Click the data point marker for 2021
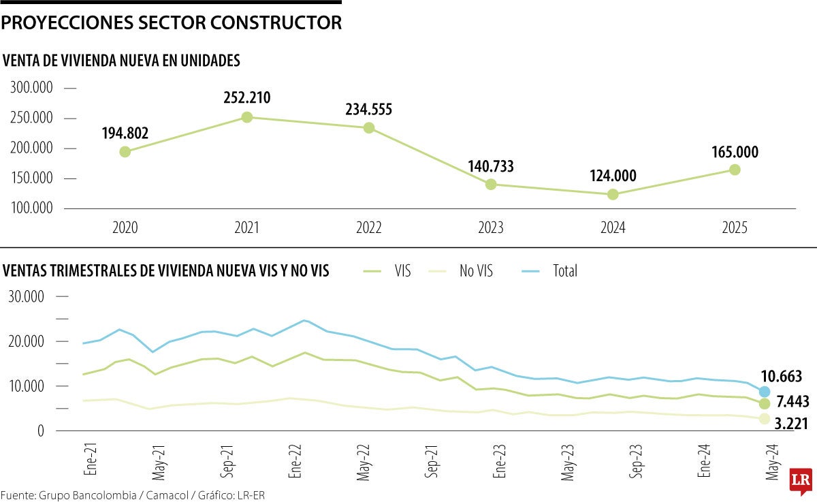pyautogui.click(x=247, y=117)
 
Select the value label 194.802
pyautogui.click(x=125, y=133)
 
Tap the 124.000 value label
pyautogui.click(x=613, y=176)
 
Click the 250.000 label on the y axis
pyautogui.click(x=32, y=119)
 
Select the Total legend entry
pyautogui.click(x=565, y=271)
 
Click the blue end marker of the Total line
pyautogui.click(x=765, y=392)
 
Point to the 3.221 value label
pyautogui.click(x=790, y=424)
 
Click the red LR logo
pyautogui.click(x=799, y=482)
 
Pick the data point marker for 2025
pyautogui.click(x=735, y=170)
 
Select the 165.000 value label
pyautogui.click(x=735, y=152)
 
